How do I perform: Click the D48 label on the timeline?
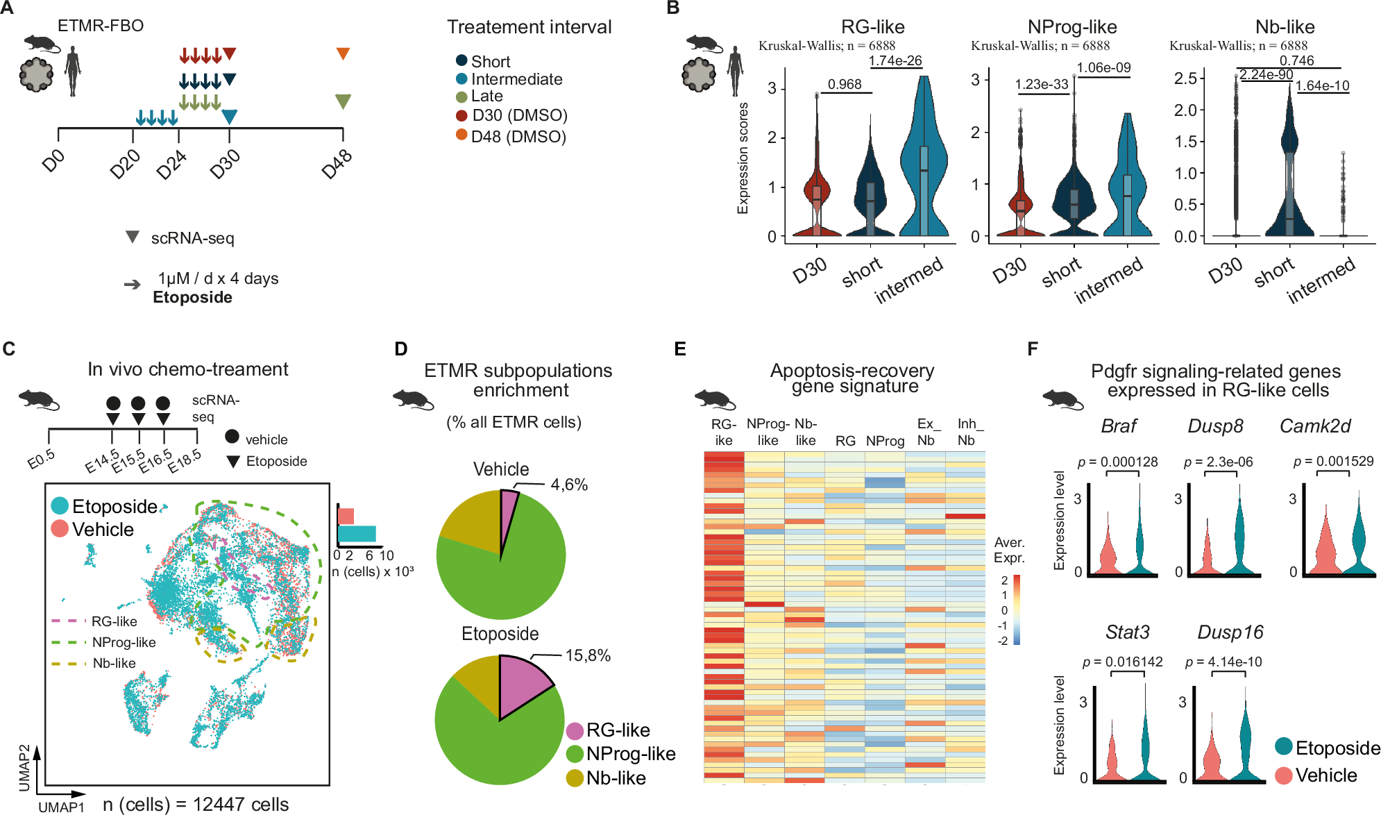point(337,165)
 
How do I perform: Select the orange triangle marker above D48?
point(343,53)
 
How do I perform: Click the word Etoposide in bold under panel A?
point(192,297)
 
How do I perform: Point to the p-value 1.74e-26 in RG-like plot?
point(895,60)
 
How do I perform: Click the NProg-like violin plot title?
point(1071,27)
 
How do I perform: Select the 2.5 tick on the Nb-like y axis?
point(1185,78)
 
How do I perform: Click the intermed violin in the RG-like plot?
point(924,174)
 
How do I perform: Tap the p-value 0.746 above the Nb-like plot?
point(1296,60)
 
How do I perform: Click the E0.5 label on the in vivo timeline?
point(41,459)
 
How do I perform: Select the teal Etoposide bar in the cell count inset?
point(357,534)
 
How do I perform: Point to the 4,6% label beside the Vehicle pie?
point(569,485)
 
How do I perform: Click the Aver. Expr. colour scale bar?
point(1016,609)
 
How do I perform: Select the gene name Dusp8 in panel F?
point(1215,426)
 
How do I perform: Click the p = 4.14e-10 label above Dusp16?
point(1223,662)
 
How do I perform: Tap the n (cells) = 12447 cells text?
point(196,804)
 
